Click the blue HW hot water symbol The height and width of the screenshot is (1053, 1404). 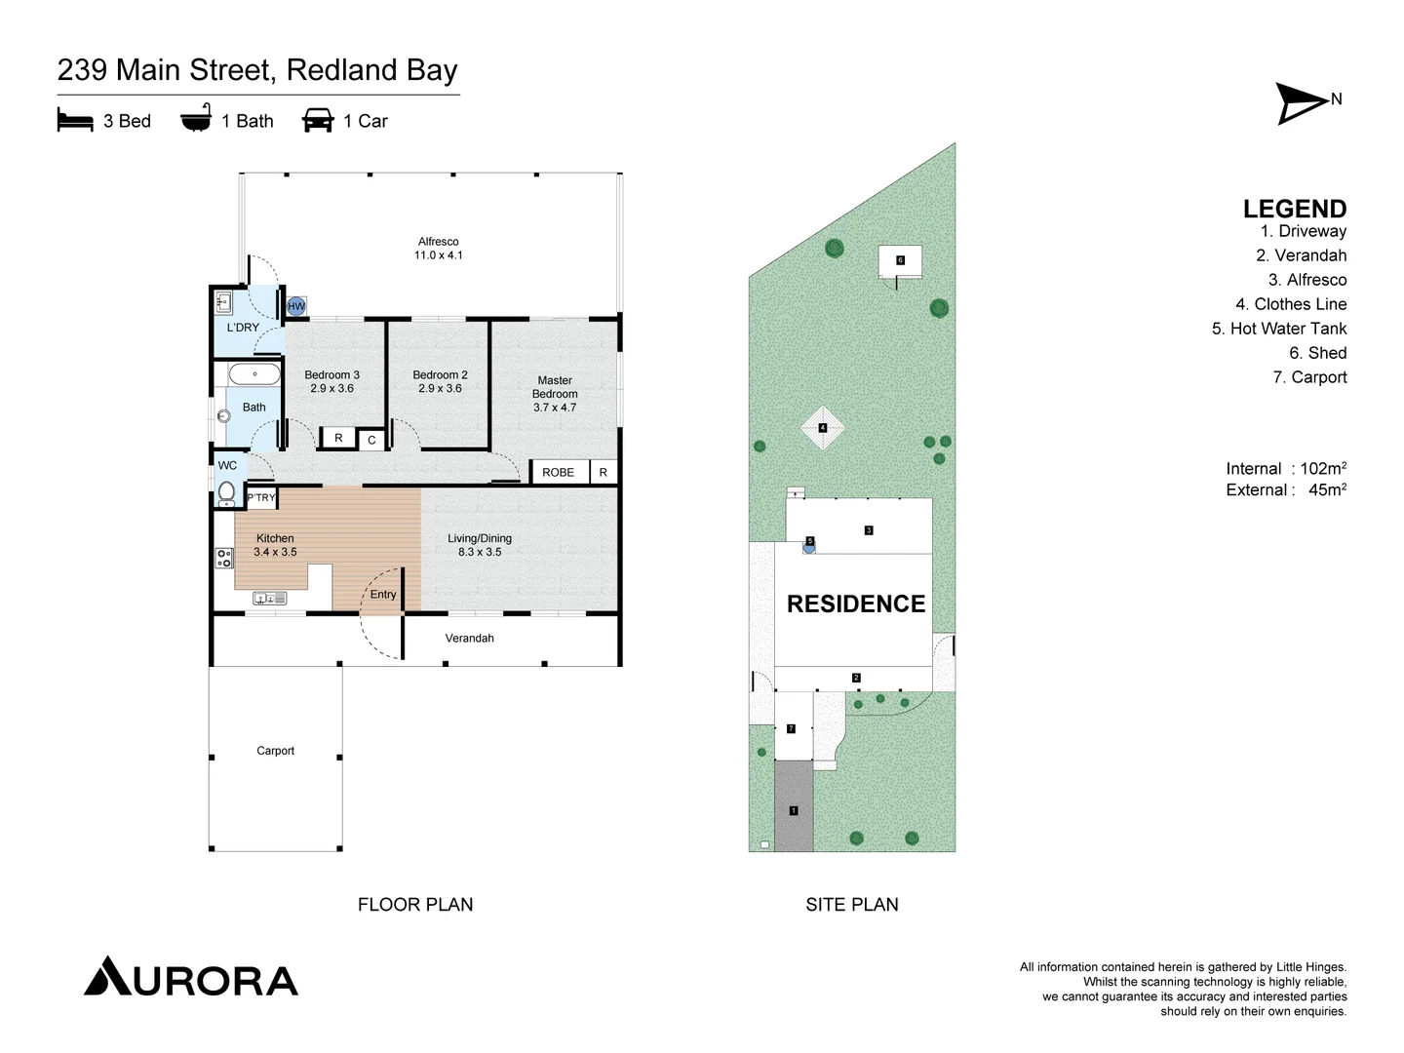click(296, 306)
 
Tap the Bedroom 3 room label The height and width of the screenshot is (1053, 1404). click(331, 375)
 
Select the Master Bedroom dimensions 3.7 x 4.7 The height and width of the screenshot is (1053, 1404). click(555, 408)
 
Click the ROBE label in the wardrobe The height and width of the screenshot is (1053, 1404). click(558, 473)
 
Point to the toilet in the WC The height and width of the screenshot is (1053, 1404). click(226, 492)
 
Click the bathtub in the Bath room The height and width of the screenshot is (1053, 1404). click(254, 374)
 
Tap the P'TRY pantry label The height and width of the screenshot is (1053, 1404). click(260, 497)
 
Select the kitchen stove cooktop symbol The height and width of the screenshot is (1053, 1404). click(224, 558)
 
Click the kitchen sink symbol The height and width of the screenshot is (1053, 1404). click(269, 598)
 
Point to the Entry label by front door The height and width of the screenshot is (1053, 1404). click(383, 595)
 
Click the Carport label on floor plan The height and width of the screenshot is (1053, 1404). click(275, 751)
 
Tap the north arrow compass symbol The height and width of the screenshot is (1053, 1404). click(1301, 103)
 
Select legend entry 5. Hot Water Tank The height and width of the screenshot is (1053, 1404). click(1278, 329)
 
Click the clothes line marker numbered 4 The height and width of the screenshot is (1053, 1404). click(822, 428)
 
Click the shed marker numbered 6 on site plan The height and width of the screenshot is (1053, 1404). click(900, 260)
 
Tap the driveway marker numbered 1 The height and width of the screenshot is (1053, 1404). click(794, 810)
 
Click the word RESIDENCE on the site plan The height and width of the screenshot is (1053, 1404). click(855, 604)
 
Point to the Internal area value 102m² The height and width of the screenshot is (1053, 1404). click(1322, 469)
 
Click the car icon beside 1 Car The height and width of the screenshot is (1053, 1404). click(318, 121)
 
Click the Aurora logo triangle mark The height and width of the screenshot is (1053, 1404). click(107, 976)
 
